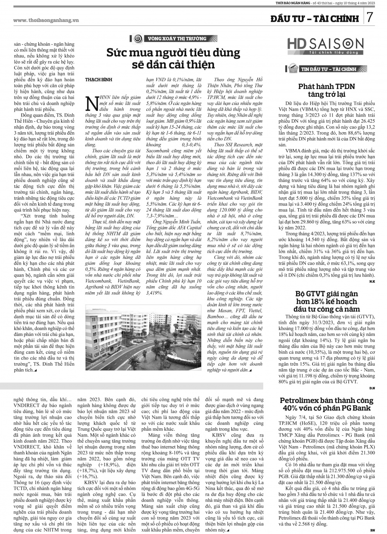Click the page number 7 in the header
pyautogui.click(x=370, y=17)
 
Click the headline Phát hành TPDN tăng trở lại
pyautogui.click(x=326, y=90)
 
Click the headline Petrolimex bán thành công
pyautogui.click(x=327, y=404)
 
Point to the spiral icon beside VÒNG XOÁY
pyautogui.click(x=137, y=39)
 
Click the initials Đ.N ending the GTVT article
pyautogui.click(x=372, y=387)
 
